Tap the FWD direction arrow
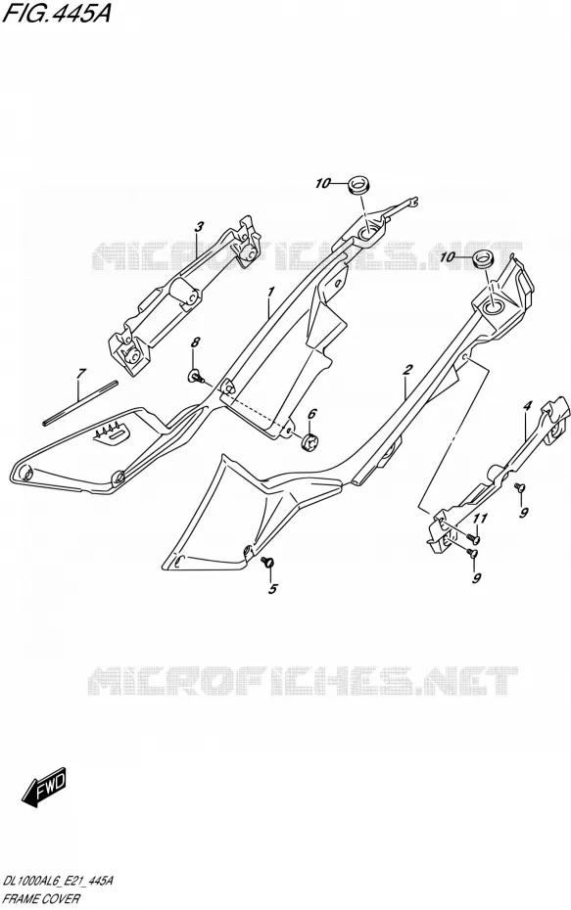coord(44,790)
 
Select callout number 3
coord(198,227)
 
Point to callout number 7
coord(81,374)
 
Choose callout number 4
coord(526,407)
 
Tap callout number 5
coord(273,590)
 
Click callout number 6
coord(311,414)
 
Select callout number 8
coord(195,342)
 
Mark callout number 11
coord(480,519)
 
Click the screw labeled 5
coord(267,562)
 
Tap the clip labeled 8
coord(196,377)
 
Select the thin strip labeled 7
coord(80,403)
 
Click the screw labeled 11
coord(473,538)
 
